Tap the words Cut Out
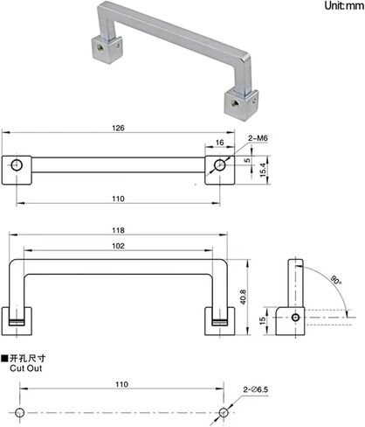(x=25, y=368)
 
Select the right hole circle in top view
(x=220, y=164)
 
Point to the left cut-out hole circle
(x=18, y=412)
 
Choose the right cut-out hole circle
(x=224, y=412)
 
